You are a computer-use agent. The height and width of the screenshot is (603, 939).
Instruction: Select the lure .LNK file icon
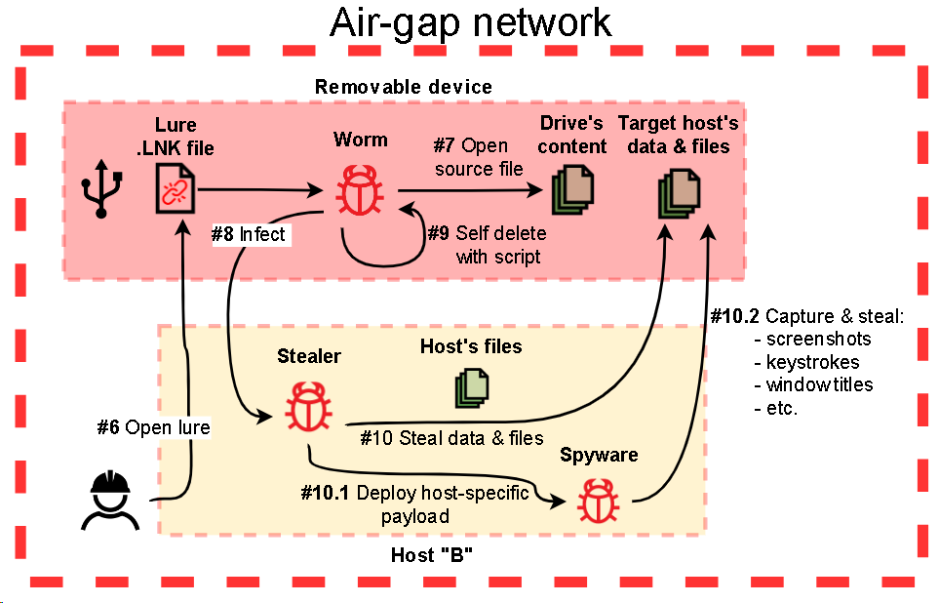(x=176, y=187)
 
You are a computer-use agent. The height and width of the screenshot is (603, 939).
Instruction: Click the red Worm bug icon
(x=360, y=188)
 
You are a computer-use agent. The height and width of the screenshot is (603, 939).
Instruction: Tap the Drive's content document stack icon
(x=571, y=190)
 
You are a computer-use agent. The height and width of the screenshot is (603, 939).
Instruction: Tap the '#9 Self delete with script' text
(x=487, y=245)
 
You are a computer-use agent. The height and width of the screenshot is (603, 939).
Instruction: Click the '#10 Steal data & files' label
(x=451, y=437)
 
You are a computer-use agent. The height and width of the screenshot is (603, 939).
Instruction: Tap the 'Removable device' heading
(x=404, y=87)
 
